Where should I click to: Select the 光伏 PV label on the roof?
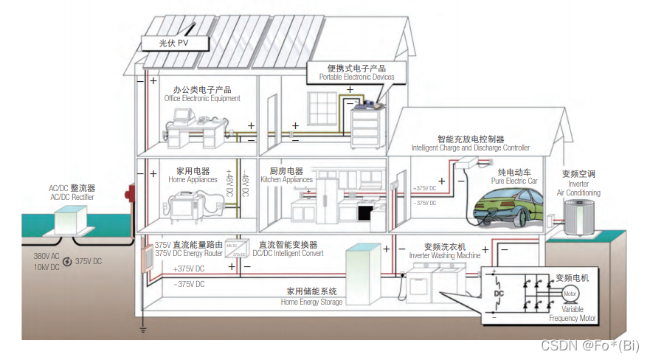pyautogui.click(x=174, y=44)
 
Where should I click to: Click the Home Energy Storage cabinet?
pyautogui.click(x=367, y=274)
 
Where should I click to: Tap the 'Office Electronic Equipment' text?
pyautogui.click(x=202, y=99)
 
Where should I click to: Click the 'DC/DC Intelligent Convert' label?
pyautogui.click(x=288, y=254)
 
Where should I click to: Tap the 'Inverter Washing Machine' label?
pyautogui.click(x=444, y=255)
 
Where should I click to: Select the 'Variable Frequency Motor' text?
pyautogui.click(x=573, y=314)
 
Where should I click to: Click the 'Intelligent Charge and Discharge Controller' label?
pyautogui.click(x=471, y=148)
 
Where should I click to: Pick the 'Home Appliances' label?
pyautogui.click(x=193, y=179)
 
